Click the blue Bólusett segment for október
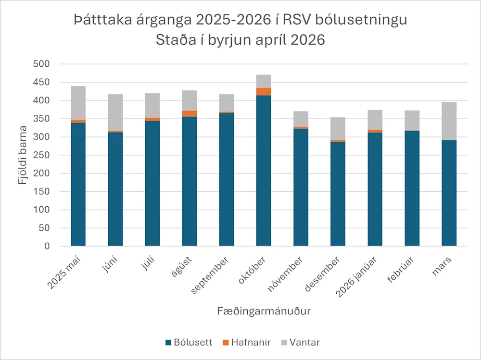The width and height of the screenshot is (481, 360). coord(263,171)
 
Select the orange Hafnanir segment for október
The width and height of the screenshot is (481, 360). coord(263,92)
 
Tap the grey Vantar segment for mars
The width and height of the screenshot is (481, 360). coord(449,121)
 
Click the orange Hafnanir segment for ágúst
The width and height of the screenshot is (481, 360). coord(189,113)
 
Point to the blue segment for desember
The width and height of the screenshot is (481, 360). coord(338,194)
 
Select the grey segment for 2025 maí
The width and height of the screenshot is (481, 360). coord(78,103)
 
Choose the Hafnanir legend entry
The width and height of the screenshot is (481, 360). coord(246,343)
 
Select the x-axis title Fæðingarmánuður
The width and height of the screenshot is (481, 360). coord(263,311)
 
